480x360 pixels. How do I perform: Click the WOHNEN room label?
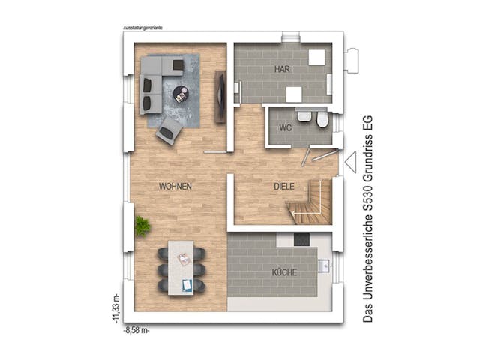pos(176,185)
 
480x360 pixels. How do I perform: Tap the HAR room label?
pos(282,69)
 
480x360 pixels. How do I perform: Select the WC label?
pos(285,127)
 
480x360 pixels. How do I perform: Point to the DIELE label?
pos(283,186)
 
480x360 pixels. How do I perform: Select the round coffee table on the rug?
pos(181,94)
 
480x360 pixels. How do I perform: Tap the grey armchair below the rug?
pos(168,132)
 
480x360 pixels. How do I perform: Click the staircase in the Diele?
pos(313,201)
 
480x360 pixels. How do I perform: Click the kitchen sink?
pos(325,264)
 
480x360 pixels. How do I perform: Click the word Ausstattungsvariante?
pos(143,27)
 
